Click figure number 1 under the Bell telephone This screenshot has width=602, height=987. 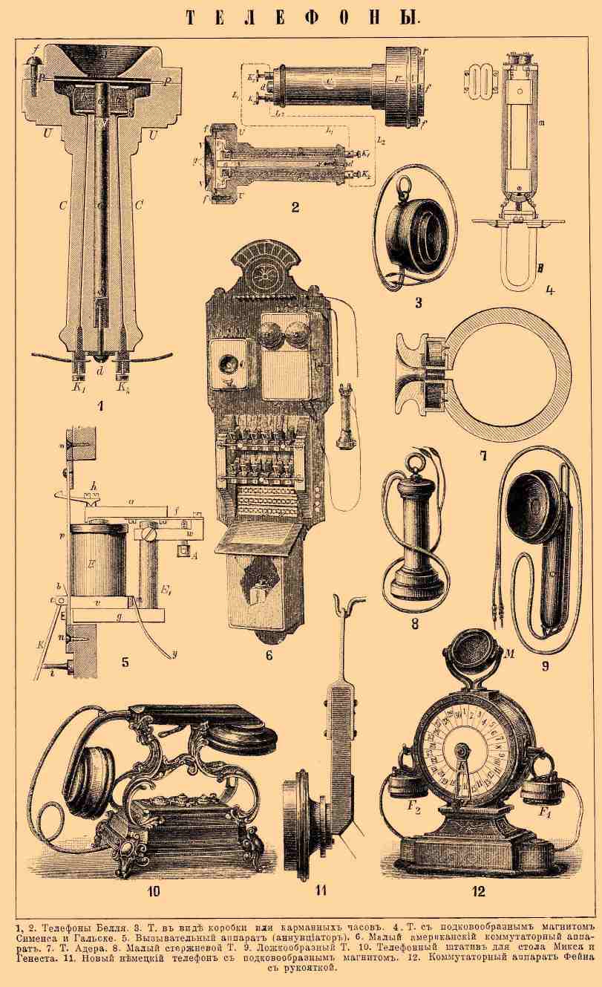point(99,405)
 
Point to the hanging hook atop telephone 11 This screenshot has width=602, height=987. point(341,607)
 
